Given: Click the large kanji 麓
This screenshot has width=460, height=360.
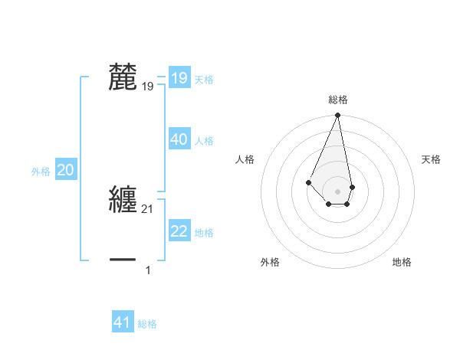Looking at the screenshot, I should click(123, 77).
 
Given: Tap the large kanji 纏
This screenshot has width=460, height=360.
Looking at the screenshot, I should click(123, 199).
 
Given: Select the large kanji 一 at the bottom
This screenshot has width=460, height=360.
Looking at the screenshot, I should click(123, 260).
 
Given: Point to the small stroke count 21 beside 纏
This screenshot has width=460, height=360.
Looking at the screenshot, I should click(148, 209).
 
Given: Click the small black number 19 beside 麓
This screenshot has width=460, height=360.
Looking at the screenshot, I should click(148, 87).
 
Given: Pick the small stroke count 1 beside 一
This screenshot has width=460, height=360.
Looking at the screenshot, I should click(148, 270).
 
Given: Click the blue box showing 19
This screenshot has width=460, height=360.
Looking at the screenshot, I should click(179, 78).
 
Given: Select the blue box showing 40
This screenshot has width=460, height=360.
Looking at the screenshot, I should click(179, 139).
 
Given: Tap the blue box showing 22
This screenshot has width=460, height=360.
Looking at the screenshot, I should click(179, 231).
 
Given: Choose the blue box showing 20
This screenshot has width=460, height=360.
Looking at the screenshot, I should click(65, 170).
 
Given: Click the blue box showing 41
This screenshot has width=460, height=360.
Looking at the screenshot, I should click(123, 322).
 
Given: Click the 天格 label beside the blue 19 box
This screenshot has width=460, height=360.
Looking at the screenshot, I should click(204, 80).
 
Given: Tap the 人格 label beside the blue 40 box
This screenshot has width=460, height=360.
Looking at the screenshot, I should click(204, 141).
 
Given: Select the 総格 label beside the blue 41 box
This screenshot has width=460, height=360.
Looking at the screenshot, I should click(147, 324).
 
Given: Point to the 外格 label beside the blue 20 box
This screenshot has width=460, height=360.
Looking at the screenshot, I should click(41, 172).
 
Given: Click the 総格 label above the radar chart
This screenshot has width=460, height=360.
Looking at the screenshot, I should click(338, 100).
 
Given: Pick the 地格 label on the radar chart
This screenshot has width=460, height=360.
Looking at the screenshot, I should click(402, 262).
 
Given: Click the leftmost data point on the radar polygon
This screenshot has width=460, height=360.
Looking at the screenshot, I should click(308, 182).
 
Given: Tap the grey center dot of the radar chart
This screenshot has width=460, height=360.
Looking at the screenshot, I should click(338, 191).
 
